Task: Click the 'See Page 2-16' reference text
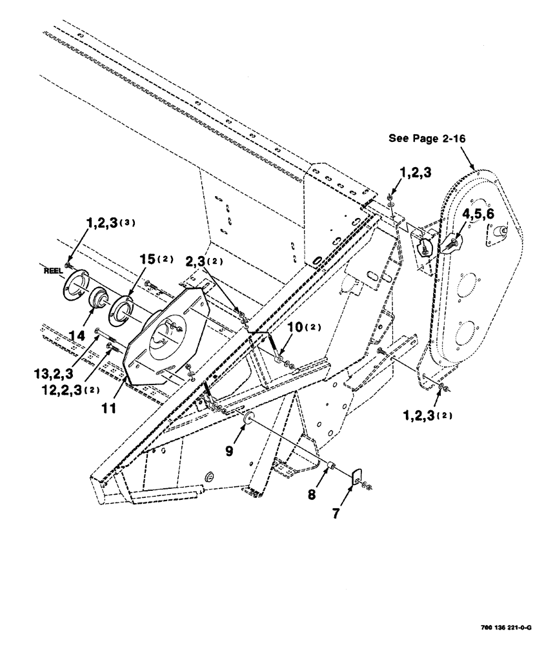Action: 427,139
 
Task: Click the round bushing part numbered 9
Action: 247,421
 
